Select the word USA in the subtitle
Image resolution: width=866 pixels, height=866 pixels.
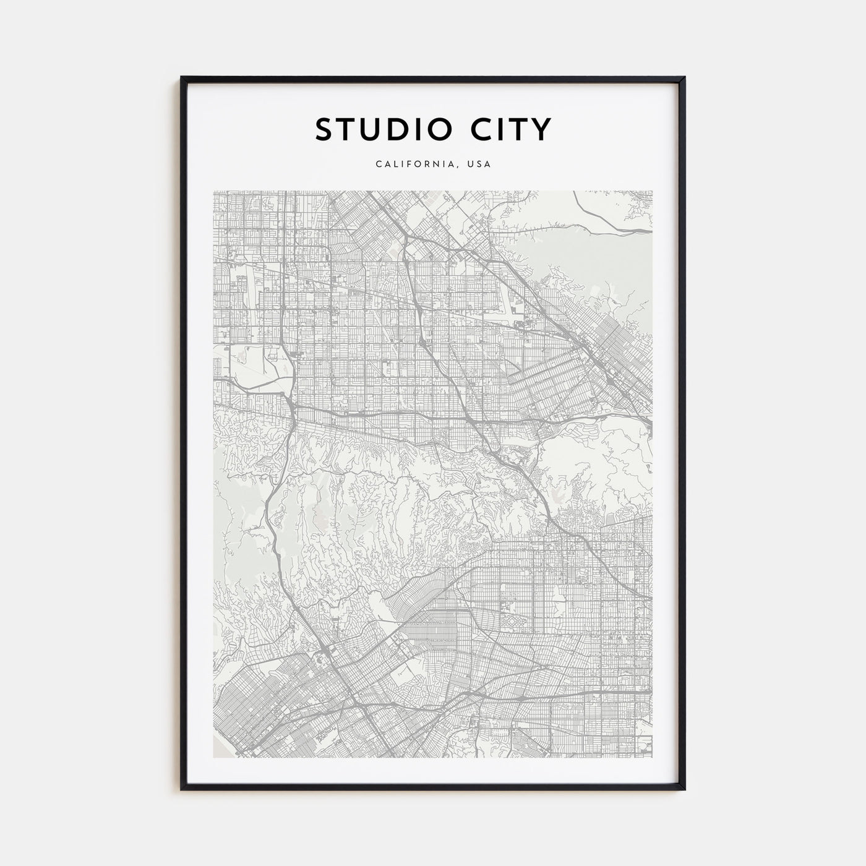click(479, 165)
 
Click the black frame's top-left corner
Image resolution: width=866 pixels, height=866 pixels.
click(182, 78)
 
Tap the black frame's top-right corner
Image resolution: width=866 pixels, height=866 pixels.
click(684, 78)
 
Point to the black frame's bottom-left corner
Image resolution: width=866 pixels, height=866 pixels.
click(182, 789)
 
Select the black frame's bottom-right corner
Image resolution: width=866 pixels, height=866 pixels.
click(684, 789)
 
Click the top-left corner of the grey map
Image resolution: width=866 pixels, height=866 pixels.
click(214, 191)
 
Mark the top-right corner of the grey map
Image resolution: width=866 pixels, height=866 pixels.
click(652, 191)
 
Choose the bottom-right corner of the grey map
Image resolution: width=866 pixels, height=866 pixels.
click(652, 757)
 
